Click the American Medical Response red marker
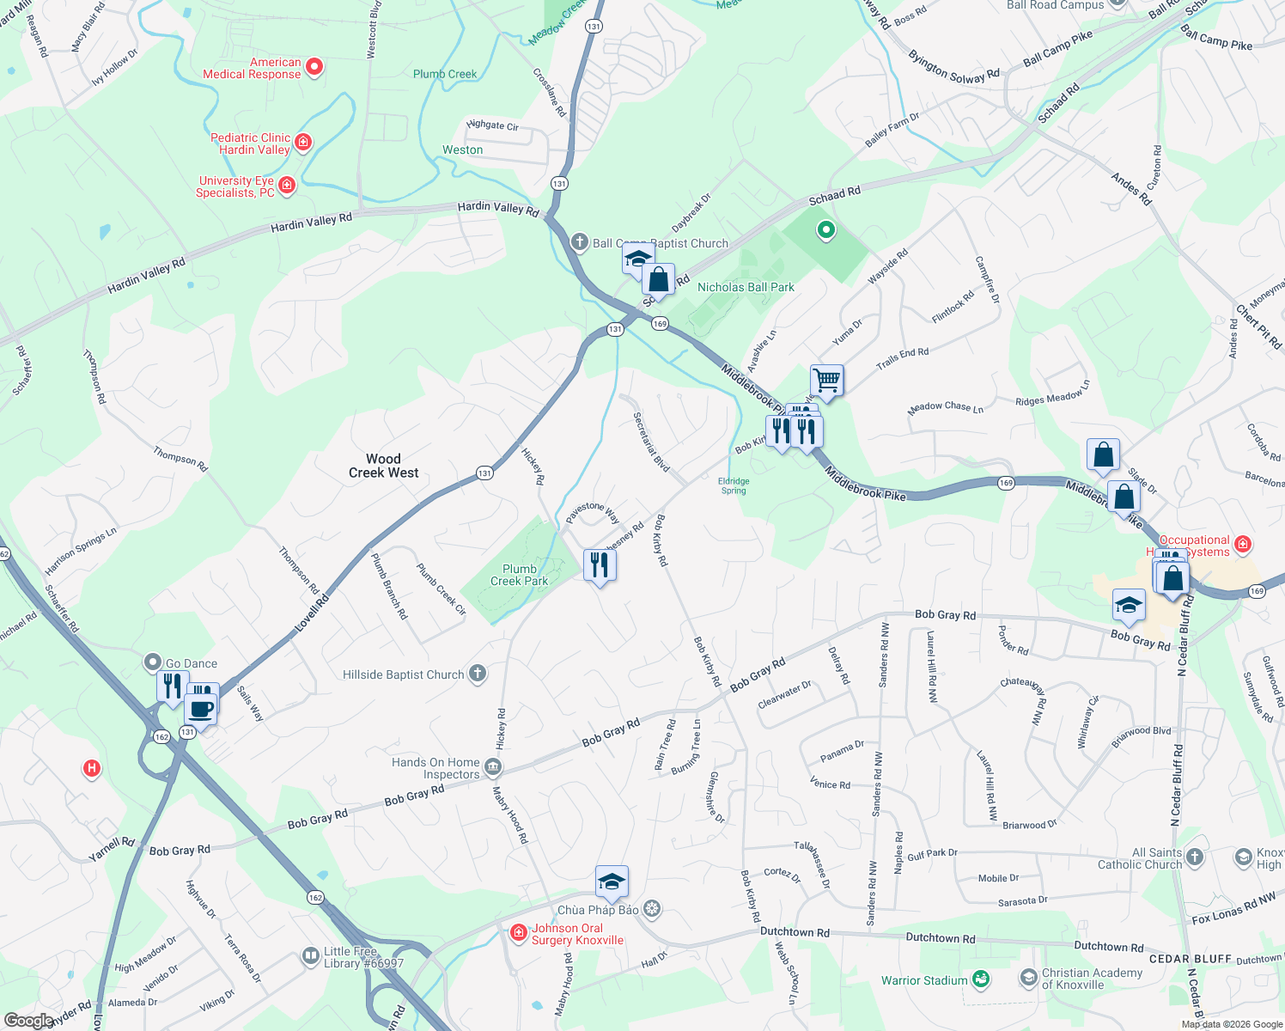[314, 67]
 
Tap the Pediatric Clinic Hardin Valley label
[251, 143]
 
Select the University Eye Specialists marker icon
[287, 185]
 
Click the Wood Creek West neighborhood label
[383, 466]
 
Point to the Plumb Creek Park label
[519, 575]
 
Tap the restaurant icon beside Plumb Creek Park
[599, 565]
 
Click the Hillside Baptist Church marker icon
[478, 674]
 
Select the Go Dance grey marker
[153, 662]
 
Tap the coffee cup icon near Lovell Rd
[200, 710]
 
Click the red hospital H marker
[92, 768]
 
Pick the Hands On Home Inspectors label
[435, 768]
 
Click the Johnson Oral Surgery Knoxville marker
[518, 933]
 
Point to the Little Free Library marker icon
[311, 956]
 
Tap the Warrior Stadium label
[924, 980]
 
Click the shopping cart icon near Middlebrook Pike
[826, 380]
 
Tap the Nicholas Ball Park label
[746, 287]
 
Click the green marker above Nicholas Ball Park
[825, 229]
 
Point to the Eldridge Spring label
[734, 486]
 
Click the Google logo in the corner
[28, 1020]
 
